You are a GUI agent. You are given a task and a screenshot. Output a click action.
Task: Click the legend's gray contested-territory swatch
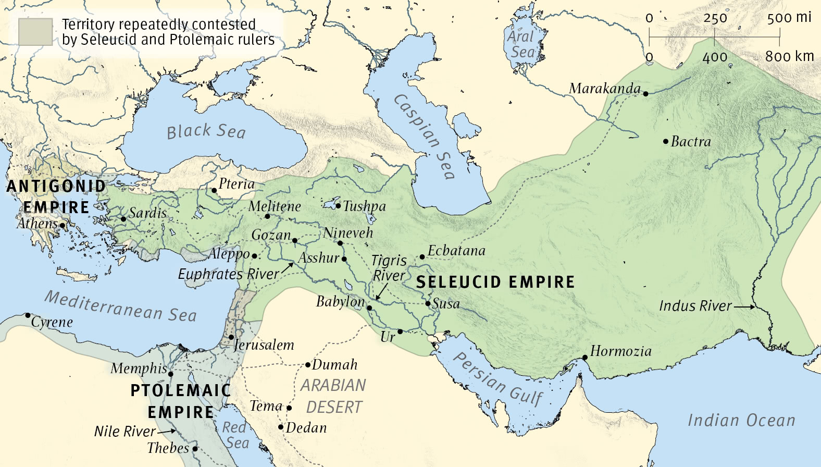pyautogui.click(x=35, y=32)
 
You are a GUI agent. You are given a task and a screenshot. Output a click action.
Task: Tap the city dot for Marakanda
pyautogui.click(x=645, y=94)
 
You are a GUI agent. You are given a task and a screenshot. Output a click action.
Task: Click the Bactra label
pyautogui.click(x=691, y=142)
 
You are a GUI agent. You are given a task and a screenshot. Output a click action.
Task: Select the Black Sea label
pyautogui.click(x=206, y=131)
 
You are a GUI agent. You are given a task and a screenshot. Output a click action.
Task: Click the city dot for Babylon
pyautogui.click(x=369, y=308)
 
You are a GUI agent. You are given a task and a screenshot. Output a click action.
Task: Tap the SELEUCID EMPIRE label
pyautogui.click(x=495, y=282)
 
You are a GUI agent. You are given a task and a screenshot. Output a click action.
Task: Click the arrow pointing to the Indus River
pyautogui.click(x=744, y=307)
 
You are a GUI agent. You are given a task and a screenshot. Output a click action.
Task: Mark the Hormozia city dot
pyautogui.click(x=585, y=358)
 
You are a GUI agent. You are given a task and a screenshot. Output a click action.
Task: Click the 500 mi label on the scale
pyautogui.click(x=789, y=18)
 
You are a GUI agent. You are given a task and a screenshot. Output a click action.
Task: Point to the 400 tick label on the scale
pyautogui.click(x=715, y=57)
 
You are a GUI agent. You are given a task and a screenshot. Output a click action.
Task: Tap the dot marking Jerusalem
pyautogui.click(x=231, y=337)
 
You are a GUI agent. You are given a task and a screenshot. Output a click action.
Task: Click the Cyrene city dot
pyautogui.click(x=28, y=315)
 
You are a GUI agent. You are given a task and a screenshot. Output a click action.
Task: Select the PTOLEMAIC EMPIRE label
pyautogui.click(x=180, y=401)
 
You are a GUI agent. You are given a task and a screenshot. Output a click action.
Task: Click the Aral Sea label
pyautogui.click(x=521, y=44)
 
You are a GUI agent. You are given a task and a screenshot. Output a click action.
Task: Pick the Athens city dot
pyautogui.click(x=62, y=226)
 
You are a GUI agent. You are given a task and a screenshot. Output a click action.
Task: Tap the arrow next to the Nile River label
pyautogui.click(x=167, y=432)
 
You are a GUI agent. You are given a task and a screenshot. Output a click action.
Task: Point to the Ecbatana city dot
pyautogui.click(x=422, y=257)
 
